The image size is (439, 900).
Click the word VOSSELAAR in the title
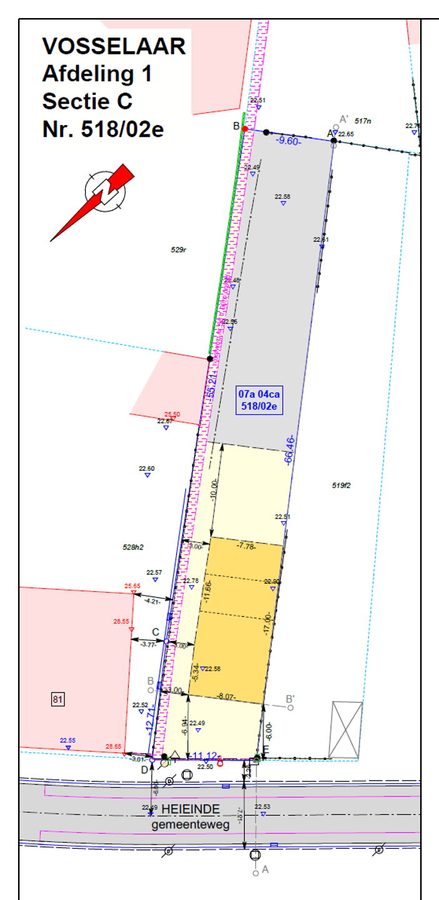pos(114,47)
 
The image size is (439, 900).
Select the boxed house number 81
pos(58,699)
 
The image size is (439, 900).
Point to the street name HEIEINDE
pos(191,809)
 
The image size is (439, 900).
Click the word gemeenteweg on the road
pos(191,824)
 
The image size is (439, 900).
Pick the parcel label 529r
pos(179,250)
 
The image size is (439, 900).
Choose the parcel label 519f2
pos(342,485)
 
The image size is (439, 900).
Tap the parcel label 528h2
pos(133,547)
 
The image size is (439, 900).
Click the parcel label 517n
pos(363,121)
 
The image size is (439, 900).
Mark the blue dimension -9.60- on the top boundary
pos(289,141)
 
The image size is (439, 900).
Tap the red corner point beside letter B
pos(245,129)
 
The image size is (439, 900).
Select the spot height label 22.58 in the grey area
pos(283,196)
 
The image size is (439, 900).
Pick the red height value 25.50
pos(172,414)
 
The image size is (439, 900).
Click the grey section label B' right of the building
pos(290,699)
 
